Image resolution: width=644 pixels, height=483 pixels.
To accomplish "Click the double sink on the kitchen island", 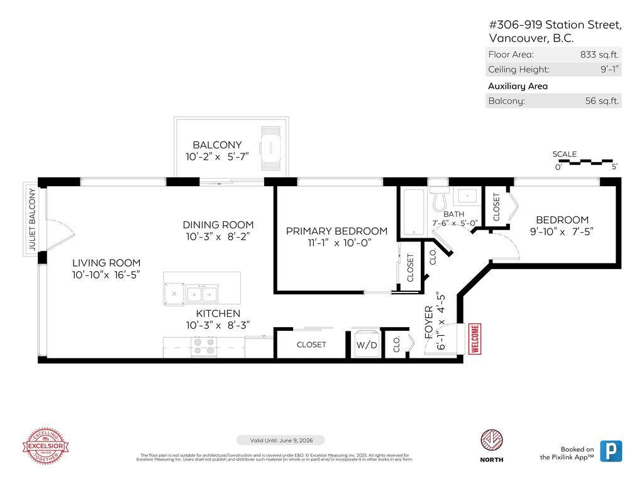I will pyautogui.click(x=202, y=293).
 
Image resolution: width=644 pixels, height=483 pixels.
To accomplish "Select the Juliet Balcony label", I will pyautogui.click(x=31, y=220).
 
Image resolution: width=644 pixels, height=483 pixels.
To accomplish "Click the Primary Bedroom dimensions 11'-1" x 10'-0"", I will pyautogui.click(x=336, y=243).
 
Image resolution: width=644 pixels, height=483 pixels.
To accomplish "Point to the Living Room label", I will pyautogui.click(x=106, y=263).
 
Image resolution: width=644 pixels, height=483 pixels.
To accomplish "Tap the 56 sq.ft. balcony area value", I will pyautogui.click(x=602, y=101).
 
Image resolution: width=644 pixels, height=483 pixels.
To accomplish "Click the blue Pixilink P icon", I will pyautogui.click(x=611, y=451).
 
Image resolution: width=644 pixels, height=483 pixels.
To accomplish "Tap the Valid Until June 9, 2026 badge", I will pyautogui.click(x=280, y=440).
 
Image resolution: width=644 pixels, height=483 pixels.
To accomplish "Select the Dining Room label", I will pyautogui.click(x=218, y=225).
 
